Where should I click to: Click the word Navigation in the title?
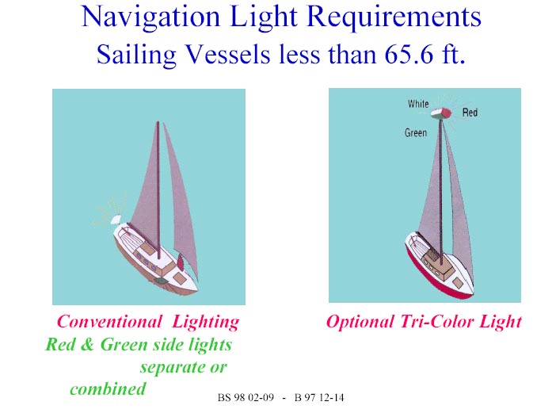[x=150, y=17]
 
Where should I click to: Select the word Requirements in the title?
[x=394, y=17]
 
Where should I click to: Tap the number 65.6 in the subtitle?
[x=409, y=54]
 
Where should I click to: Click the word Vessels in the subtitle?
[x=227, y=54]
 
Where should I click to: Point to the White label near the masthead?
[x=418, y=104]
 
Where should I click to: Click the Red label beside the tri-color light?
[x=470, y=113]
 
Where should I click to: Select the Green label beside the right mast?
[x=416, y=132]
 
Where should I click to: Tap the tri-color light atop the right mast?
[x=441, y=113]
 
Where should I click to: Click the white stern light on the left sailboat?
[x=116, y=220]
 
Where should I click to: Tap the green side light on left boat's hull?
[x=161, y=281]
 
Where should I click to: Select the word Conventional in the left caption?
[x=109, y=322]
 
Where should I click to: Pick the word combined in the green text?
[x=108, y=388]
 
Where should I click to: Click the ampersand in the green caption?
[x=86, y=344]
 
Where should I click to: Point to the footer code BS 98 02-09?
[x=246, y=397]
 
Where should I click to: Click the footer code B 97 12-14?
[x=319, y=397]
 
